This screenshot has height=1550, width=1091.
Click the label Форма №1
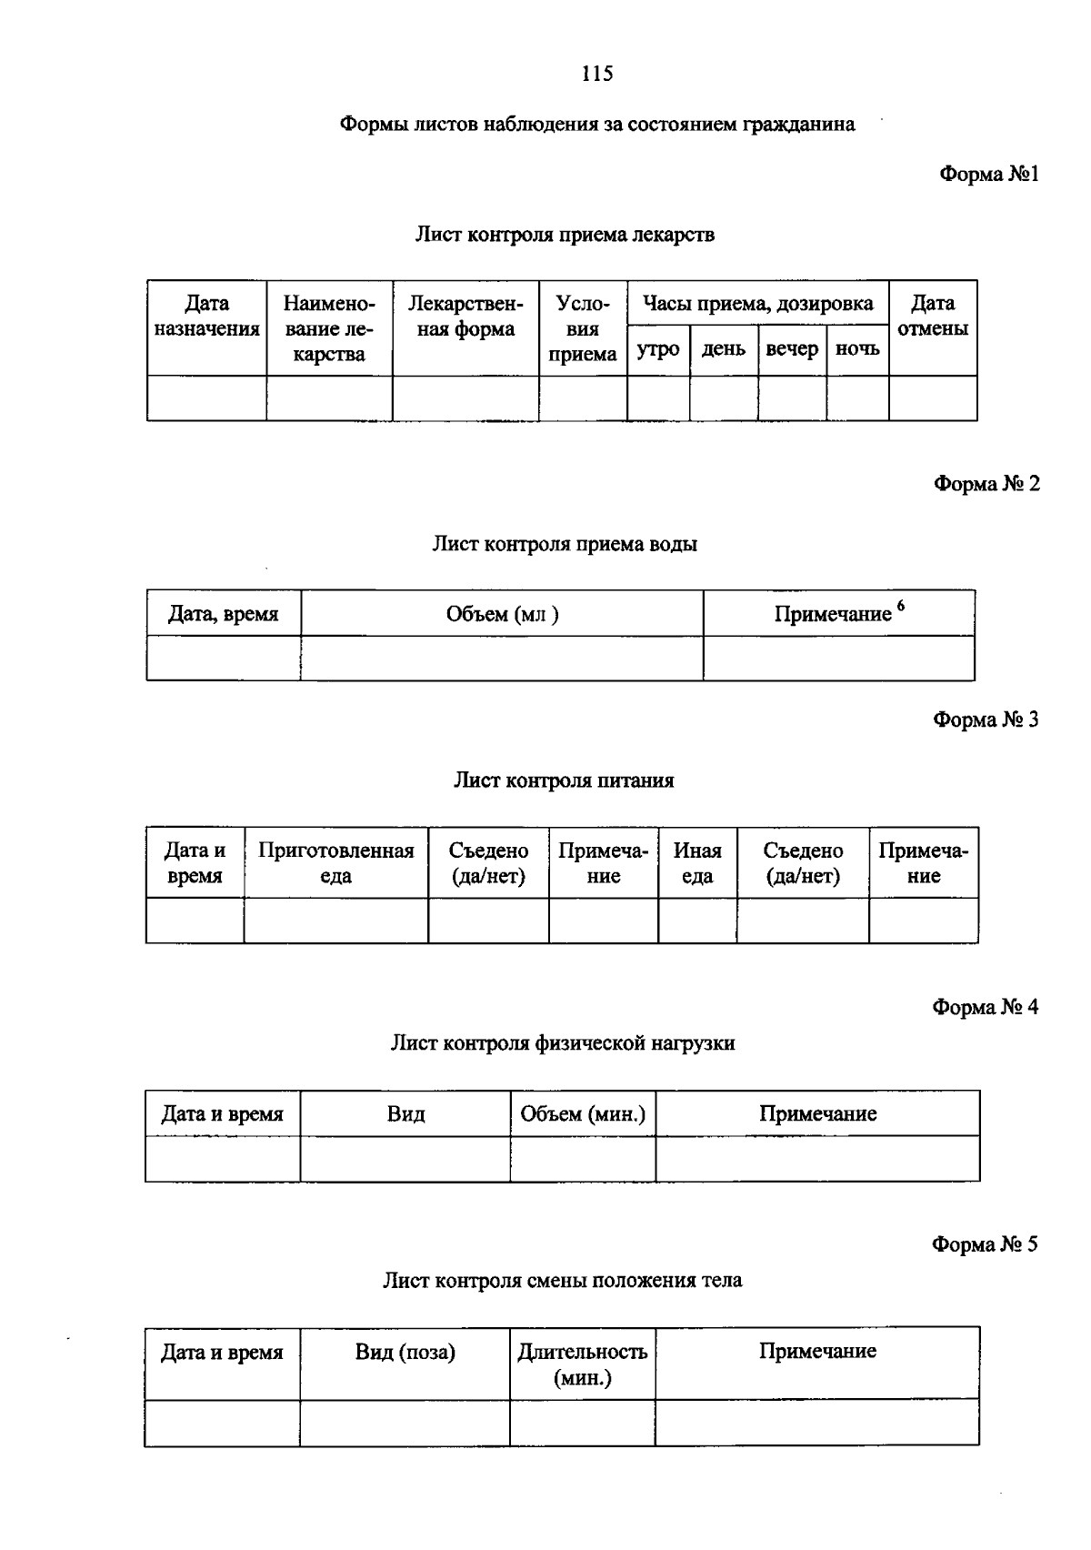pyautogui.click(x=989, y=174)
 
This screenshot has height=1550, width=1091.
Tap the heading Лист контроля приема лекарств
pyautogui.click(x=565, y=235)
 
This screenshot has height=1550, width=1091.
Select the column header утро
pyautogui.click(x=658, y=349)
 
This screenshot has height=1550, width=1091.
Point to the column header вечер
pyautogui.click(x=792, y=349)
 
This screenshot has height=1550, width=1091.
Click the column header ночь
pyautogui.click(x=857, y=349)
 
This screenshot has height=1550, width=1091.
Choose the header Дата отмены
pyautogui.click(x=933, y=316)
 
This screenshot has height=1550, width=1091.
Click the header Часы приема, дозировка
pyautogui.click(x=757, y=303)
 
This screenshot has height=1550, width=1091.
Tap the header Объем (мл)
pyautogui.click(x=502, y=614)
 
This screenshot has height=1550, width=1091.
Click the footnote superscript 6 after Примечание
pyautogui.click(x=901, y=606)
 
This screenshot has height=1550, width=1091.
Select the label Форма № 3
pyautogui.click(x=986, y=720)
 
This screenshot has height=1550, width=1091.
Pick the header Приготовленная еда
pyautogui.click(x=335, y=863)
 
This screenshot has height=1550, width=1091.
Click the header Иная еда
pyautogui.click(x=697, y=863)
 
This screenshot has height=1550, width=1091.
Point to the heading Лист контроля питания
pyautogui.click(x=564, y=780)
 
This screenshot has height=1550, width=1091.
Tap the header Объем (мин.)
pyautogui.click(x=583, y=1113)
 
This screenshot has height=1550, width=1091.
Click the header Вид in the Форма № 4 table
pyautogui.click(x=405, y=1113)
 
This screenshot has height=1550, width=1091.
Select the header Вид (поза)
pyautogui.click(x=405, y=1352)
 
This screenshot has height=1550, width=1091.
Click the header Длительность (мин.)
pyautogui.click(x=583, y=1364)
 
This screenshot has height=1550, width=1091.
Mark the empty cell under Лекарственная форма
pyautogui.click(x=465, y=398)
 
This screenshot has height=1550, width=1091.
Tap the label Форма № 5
pyautogui.click(x=985, y=1243)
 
